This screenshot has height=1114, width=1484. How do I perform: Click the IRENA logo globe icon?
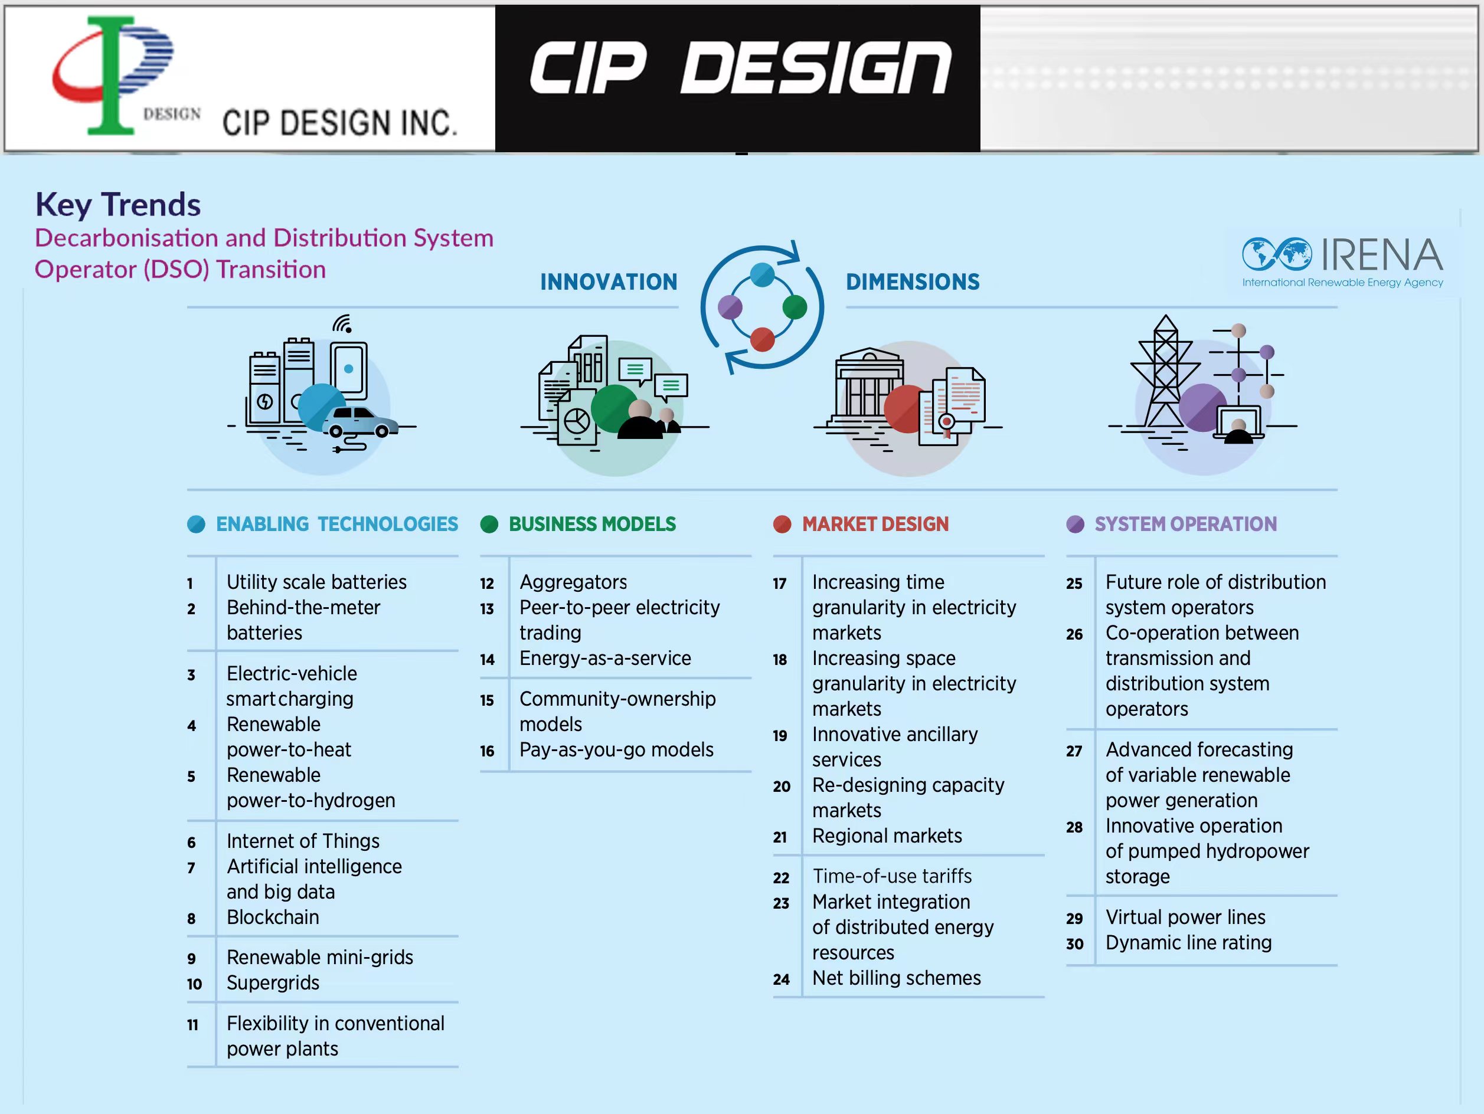(1276, 254)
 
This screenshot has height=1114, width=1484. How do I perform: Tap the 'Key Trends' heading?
(118, 205)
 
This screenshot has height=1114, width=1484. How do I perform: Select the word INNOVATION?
(609, 281)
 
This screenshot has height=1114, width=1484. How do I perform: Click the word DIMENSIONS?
(913, 281)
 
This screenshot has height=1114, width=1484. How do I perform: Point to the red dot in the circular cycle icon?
(762, 339)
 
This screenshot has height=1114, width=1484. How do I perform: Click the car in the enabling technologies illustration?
(361, 422)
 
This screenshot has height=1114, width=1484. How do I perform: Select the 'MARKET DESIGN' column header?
(875, 525)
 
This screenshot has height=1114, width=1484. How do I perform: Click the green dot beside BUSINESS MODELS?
(489, 525)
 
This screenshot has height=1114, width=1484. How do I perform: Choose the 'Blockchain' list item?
(272, 917)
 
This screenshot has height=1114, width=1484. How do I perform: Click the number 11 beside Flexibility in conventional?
(192, 1025)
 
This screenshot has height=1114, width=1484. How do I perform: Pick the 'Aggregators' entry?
(573, 582)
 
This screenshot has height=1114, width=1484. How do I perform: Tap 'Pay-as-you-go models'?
(616, 750)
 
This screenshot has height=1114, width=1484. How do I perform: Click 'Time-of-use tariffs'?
(891, 876)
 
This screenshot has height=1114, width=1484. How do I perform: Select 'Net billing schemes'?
(896, 978)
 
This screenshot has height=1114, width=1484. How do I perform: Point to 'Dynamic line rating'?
(1188, 943)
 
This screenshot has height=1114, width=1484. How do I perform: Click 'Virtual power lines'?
(1185, 918)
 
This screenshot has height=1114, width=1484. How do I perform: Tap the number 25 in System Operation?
(1074, 584)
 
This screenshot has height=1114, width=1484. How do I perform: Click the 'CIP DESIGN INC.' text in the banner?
(339, 123)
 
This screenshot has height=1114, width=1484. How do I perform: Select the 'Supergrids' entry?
(272, 982)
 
